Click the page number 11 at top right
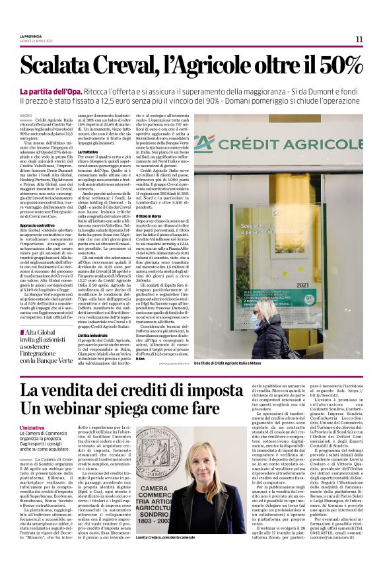tap(359, 40)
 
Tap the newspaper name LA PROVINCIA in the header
tap(31, 36)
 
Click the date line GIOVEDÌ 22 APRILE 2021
tap(36, 40)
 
